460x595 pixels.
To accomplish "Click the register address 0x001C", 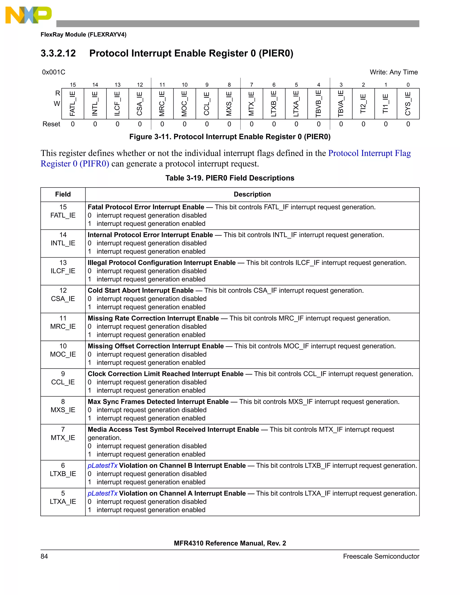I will tap(54, 72).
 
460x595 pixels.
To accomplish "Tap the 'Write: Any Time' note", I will tap(394, 72).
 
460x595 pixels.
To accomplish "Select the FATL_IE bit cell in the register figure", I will tap(73, 104).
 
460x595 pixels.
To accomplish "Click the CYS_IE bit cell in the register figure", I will tap(408, 104).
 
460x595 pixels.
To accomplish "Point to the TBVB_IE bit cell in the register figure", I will tap(318, 104).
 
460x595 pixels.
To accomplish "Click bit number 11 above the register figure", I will tap(162, 85).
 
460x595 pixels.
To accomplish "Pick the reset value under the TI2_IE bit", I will tap(363, 124).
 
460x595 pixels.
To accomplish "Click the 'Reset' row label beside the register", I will tap(51, 124).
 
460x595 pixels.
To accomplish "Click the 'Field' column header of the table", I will tap(63, 194).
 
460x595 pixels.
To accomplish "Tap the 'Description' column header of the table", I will tap(252, 194).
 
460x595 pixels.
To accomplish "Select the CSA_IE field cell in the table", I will tap(63, 295).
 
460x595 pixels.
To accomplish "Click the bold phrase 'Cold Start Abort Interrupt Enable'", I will tap(141, 290).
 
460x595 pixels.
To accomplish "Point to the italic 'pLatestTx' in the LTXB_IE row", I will tap(102, 466).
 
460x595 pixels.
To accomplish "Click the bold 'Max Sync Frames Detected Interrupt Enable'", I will tap(158, 402).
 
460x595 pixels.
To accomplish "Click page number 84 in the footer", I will tap(44, 556).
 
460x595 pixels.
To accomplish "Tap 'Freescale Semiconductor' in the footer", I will tap(381, 556).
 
